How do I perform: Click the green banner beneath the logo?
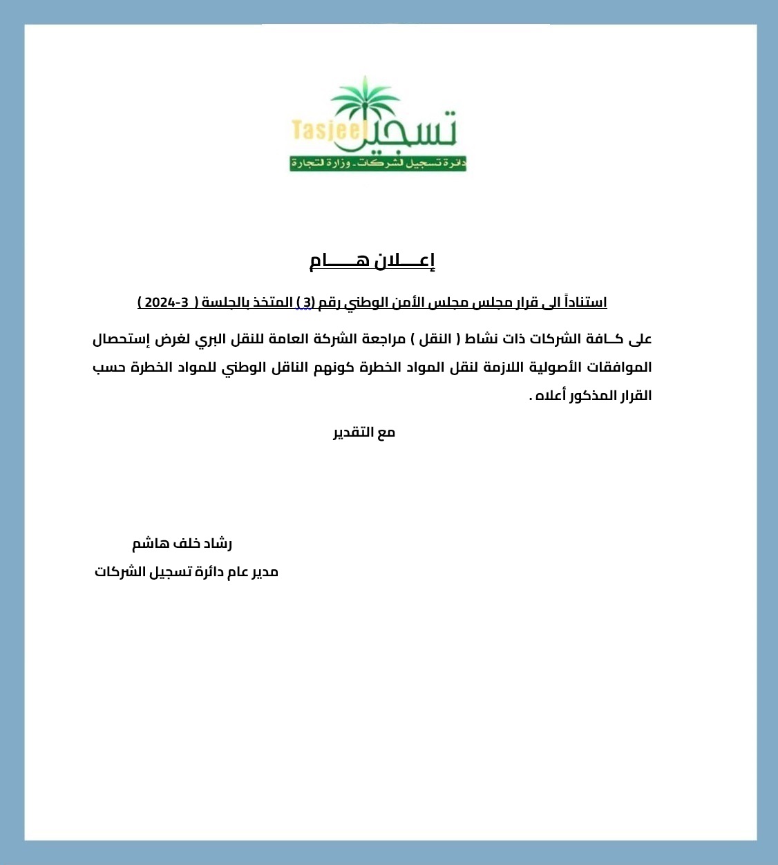point(378,164)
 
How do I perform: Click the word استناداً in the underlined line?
point(585,303)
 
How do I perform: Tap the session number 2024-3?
point(166,303)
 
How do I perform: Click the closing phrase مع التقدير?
point(364,432)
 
